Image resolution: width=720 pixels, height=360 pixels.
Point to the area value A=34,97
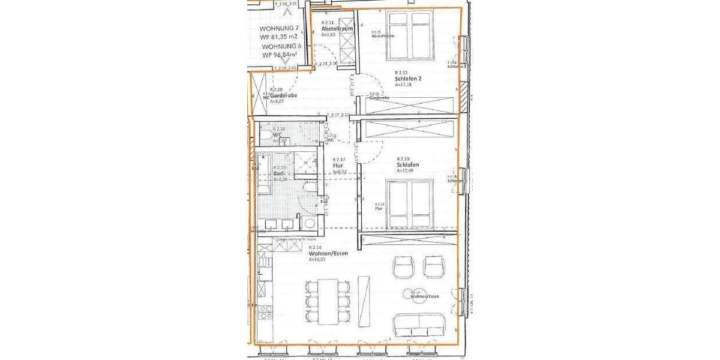click(318, 260)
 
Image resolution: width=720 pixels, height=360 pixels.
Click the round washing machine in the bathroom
click(310, 223)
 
